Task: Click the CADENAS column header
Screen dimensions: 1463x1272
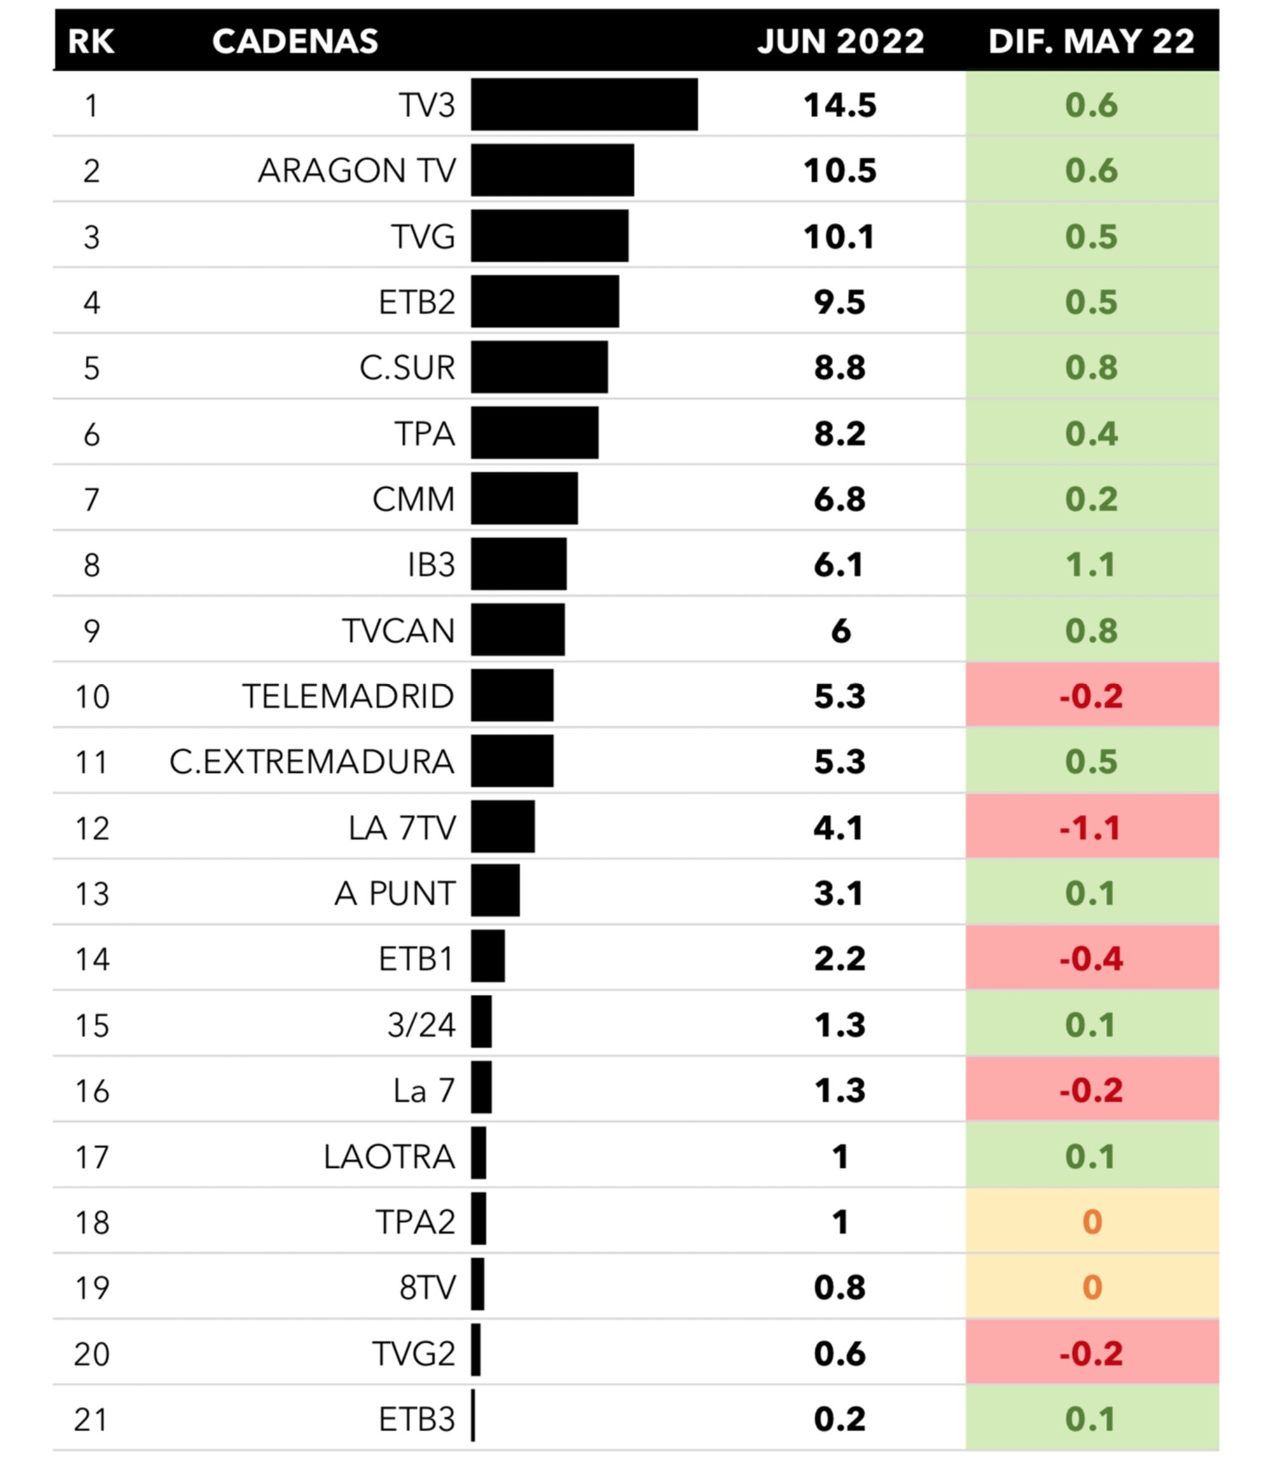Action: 294,41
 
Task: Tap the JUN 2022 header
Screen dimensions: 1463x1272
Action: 840,41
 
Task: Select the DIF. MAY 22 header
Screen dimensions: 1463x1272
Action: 1091,41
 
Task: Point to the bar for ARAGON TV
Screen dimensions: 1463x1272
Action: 551,170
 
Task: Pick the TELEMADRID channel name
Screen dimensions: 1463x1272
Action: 348,697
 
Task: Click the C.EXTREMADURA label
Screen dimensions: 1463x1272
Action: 312,761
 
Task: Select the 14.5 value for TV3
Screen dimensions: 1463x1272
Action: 840,105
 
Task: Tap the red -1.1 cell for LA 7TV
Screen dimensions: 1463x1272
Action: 1091,828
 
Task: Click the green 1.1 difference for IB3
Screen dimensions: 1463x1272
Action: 1091,565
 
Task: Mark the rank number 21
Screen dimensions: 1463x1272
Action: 92,1419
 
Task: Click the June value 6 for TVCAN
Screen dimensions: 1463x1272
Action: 840,630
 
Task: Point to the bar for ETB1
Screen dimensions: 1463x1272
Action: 488,956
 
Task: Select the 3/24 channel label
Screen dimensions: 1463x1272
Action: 421,1025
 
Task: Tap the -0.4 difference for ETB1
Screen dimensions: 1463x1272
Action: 1091,959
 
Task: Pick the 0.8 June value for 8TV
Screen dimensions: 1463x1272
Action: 840,1287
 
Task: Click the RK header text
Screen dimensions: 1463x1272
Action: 91,41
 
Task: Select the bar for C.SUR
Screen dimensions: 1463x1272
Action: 539,367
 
